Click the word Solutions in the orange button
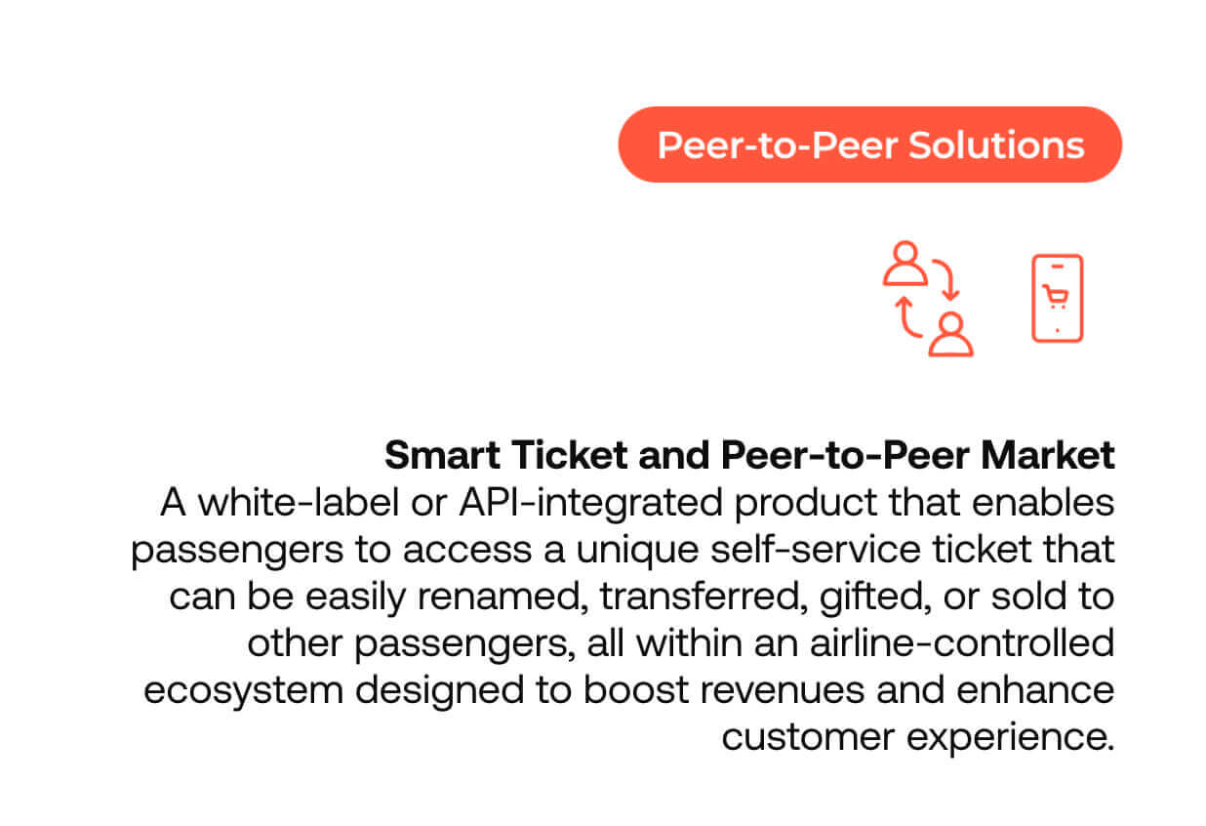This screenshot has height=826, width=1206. (996, 145)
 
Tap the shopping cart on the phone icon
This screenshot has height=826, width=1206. (1056, 296)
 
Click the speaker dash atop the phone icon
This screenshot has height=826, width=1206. (1058, 267)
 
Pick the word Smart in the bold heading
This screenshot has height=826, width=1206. (443, 456)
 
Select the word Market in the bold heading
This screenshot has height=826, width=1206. (1048, 456)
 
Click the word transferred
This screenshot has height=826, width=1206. (704, 597)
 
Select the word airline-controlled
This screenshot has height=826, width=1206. (961, 643)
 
